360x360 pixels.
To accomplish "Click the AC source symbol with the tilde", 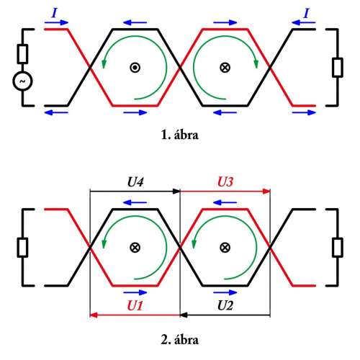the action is [x=22, y=81].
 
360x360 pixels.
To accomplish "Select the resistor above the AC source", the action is [x=22, y=54].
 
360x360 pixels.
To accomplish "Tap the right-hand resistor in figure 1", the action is [x=338, y=68].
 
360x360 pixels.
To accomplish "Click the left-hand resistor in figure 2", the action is [x=22, y=248].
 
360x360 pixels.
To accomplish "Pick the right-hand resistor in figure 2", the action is [x=338, y=248].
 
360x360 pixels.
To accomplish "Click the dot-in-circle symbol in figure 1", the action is [x=135, y=68].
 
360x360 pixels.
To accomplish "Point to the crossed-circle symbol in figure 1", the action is [x=225, y=68].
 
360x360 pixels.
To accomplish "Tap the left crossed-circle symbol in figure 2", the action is [x=135, y=248].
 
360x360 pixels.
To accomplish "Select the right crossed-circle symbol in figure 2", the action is [x=225, y=248].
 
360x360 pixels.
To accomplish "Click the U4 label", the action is [x=135, y=182].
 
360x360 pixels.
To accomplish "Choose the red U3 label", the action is [x=225, y=181].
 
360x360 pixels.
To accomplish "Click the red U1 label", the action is [x=135, y=305].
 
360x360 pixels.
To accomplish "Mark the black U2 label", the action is [x=225, y=305].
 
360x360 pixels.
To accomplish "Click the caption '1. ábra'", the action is [x=180, y=135].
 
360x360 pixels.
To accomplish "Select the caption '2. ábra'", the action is [x=180, y=340].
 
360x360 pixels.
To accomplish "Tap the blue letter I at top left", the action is [x=55, y=13].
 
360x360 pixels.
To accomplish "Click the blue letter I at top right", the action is [x=306, y=13].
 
